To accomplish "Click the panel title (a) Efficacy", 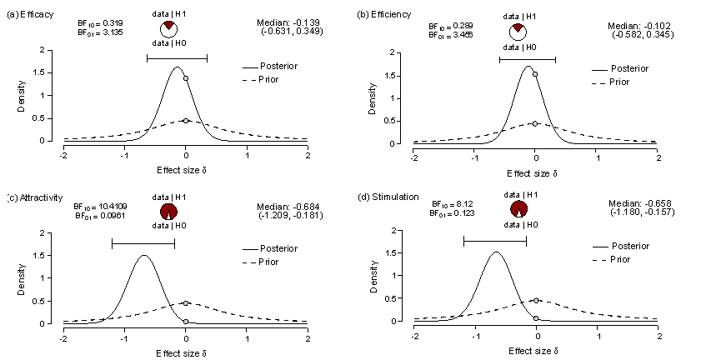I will [x=28, y=15].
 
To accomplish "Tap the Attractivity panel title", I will [x=34, y=197].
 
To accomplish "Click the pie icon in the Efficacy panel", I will [x=168, y=29].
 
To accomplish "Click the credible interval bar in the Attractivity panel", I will [x=143, y=243].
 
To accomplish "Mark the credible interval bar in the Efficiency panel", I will [x=528, y=59].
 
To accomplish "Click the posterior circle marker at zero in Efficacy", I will [x=186, y=78].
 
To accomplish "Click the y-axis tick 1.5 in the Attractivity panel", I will [x=52, y=256].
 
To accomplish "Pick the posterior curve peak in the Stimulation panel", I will [x=496, y=252].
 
